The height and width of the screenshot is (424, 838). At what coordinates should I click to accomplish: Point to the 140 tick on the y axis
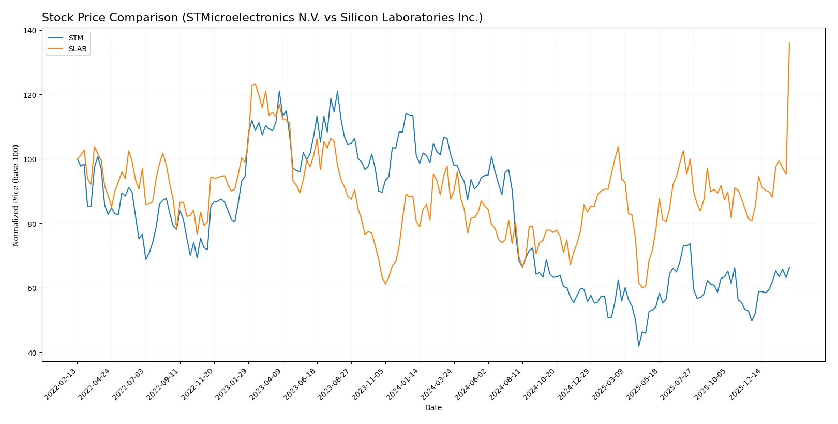pyautogui.click(x=30, y=31)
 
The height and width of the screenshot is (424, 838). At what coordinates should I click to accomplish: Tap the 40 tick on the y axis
pyautogui.click(x=32, y=353)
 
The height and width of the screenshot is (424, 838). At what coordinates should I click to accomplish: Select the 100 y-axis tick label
pyautogui.click(x=30, y=159)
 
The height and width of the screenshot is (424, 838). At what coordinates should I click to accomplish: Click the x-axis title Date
pyautogui.click(x=433, y=408)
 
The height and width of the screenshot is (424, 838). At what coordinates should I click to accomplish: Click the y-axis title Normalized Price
pyautogui.click(x=16, y=195)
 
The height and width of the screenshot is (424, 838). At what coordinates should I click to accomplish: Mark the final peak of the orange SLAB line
pyautogui.click(x=789, y=43)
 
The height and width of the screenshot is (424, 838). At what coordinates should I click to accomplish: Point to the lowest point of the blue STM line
pyautogui.click(x=639, y=346)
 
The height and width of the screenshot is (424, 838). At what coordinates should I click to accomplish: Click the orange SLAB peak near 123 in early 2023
pyautogui.click(x=255, y=84)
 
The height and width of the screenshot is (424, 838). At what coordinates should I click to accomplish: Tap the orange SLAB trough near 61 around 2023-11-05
pyautogui.click(x=385, y=284)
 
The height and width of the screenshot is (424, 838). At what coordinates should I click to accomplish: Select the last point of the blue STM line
pyautogui.click(x=789, y=268)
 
